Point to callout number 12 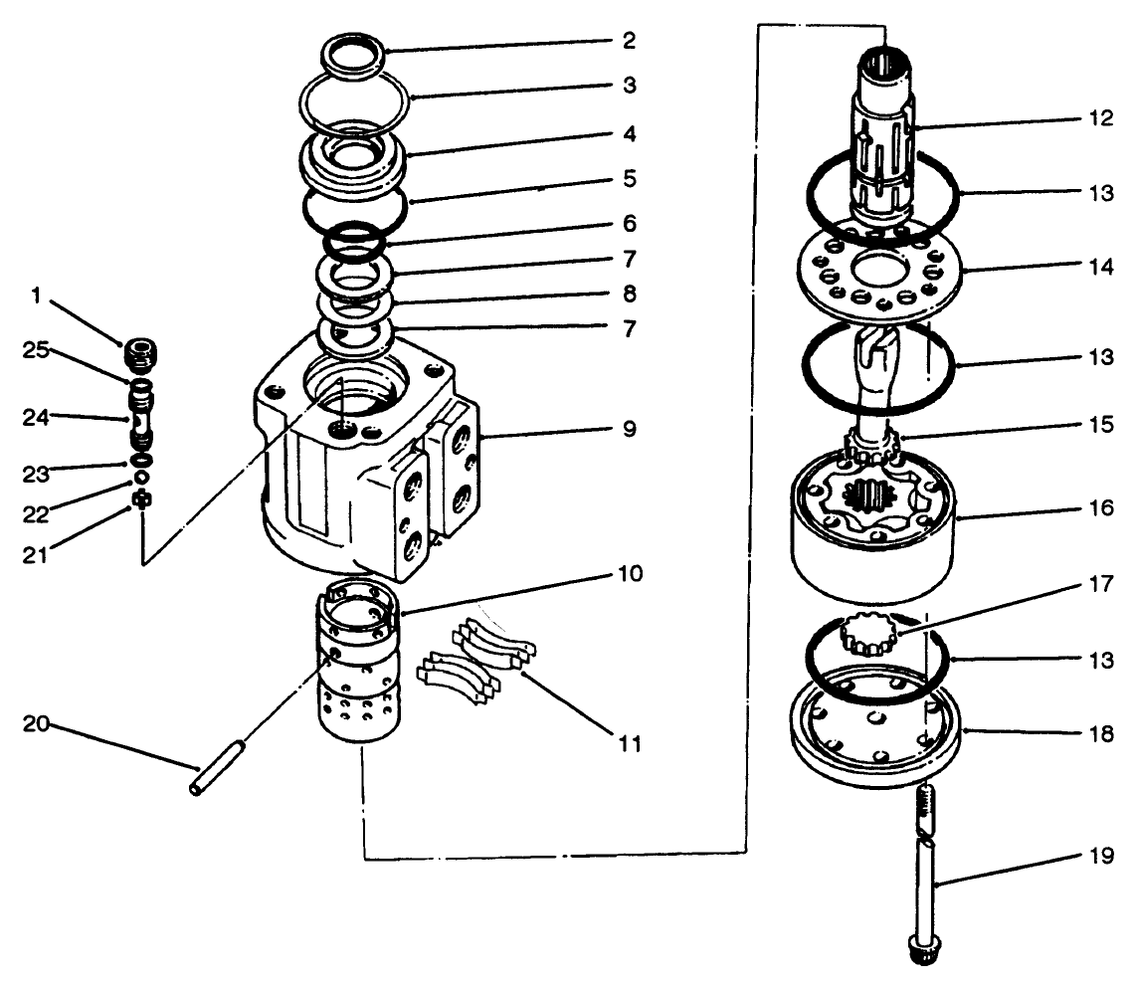coord(1100,117)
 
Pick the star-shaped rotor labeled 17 coord(867,633)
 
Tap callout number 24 coord(38,418)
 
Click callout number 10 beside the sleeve coord(627,574)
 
